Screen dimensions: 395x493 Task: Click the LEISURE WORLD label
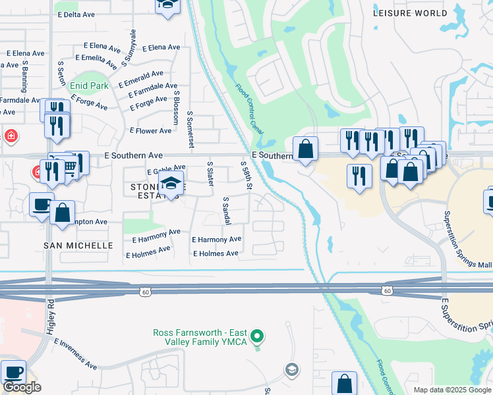point(409,13)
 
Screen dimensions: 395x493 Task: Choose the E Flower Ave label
point(150,131)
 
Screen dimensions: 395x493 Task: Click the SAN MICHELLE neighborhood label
point(78,245)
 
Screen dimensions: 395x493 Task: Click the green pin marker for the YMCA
point(258,336)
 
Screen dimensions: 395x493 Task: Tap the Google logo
point(22,387)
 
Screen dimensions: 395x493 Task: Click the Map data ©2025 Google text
point(451,390)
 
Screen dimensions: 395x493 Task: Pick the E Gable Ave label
point(166,171)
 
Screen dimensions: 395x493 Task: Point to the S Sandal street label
point(225,211)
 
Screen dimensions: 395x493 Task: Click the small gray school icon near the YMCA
point(291,370)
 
